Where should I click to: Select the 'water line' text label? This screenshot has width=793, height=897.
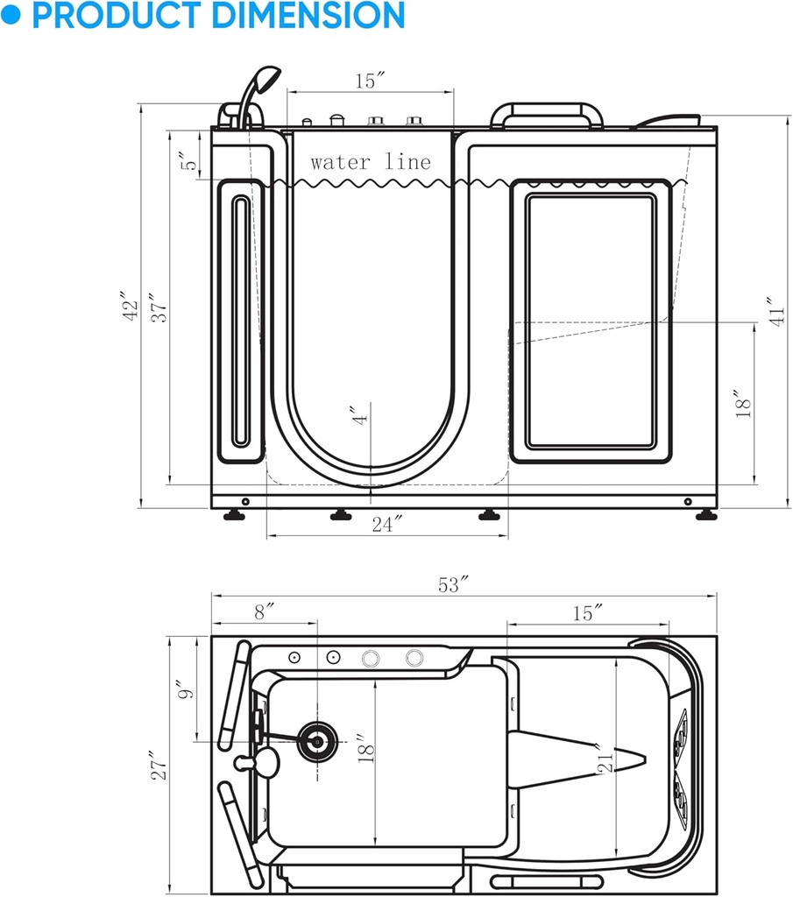[x=370, y=162]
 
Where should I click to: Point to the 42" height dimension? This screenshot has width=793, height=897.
[x=130, y=307]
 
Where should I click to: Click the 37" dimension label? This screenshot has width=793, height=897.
[x=159, y=307]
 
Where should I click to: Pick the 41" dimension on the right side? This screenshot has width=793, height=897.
[x=775, y=312]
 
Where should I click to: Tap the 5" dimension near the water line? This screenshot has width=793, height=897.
[x=186, y=163]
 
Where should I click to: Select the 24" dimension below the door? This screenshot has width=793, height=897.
[x=386, y=524]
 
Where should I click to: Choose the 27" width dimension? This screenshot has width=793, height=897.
[x=157, y=765]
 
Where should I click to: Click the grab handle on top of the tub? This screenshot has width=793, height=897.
[x=548, y=114]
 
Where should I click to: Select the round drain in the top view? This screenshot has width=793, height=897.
[x=315, y=741]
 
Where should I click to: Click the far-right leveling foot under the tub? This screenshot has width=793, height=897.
[x=705, y=515]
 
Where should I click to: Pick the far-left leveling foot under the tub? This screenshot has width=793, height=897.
[x=234, y=515]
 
